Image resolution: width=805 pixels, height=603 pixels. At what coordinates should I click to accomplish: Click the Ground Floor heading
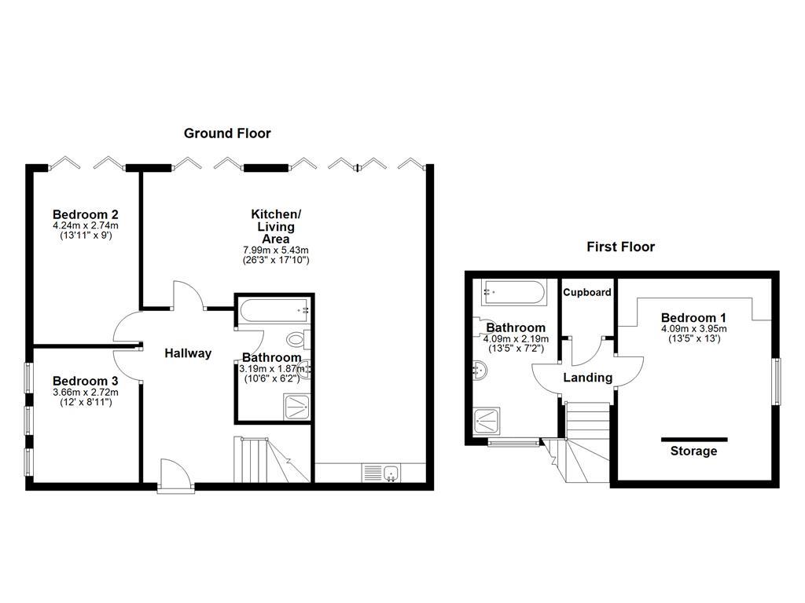[x=227, y=133]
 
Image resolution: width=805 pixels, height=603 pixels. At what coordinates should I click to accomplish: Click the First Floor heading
[x=620, y=247]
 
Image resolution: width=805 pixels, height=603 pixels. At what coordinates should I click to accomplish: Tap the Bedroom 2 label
[x=86, y=214]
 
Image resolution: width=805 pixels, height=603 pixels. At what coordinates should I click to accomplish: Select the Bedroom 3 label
[x=86, y=382]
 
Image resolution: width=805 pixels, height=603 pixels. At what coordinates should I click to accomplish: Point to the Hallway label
[x=188, y=353]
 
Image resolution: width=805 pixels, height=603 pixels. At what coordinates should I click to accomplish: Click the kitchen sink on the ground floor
[x=382, y=473]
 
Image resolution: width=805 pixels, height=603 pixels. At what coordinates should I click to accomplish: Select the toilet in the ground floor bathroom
[x=297, y=340]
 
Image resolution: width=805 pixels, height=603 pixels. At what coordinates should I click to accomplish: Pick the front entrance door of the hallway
[x=175, y=477]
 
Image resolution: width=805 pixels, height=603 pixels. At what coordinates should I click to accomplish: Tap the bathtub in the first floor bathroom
[x=512, y=292]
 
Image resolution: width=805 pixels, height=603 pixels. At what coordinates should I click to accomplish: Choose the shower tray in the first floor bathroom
[x=487, y=421]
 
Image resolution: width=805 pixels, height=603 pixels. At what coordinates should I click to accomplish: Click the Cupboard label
[x=587, y=292]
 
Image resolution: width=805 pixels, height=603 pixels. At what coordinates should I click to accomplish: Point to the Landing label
[x=588, y=378]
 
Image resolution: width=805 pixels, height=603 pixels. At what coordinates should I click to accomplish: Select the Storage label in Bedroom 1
[x=693, y=451]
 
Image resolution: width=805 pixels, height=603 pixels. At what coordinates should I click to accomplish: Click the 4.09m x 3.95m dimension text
[x=693, y=329]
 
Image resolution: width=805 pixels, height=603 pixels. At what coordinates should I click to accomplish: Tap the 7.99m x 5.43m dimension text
[x=275, y=250]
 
